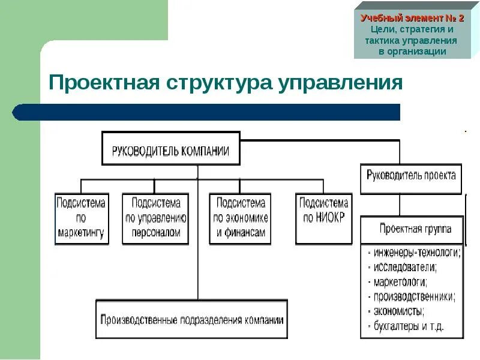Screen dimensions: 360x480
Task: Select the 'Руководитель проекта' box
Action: click(x=411, y=178)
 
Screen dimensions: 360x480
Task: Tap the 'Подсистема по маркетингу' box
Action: click(x=82, y=218)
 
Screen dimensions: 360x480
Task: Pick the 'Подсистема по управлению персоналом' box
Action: click(x=155, y=218)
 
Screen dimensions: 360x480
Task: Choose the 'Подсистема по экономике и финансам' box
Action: click(x=240, y=218)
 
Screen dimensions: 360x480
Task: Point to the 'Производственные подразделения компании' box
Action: click(x=191, y=320)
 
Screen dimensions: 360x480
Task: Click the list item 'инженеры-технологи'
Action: click(x=416, y=253)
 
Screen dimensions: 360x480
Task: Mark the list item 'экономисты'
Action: click(x=398, y=311)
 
